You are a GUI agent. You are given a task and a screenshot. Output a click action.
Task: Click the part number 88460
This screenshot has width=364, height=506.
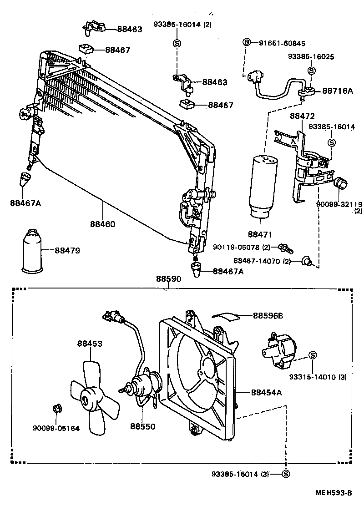pos(102,224)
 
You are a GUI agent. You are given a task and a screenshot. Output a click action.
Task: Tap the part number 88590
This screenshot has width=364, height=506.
pos(169,279)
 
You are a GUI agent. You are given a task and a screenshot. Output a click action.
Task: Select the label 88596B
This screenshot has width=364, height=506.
pos(268,315)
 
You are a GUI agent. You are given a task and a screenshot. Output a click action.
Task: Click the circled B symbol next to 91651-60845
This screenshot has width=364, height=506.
pos(247,43)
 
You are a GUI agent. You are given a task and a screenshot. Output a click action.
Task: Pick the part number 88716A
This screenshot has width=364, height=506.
pos(338,91)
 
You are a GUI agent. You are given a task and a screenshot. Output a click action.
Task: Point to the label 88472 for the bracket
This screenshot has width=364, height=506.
pos(303,116)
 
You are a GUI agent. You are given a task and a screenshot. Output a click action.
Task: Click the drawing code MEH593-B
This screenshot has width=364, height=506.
pos(334,493)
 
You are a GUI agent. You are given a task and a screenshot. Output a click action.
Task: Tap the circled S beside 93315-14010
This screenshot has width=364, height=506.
pos(313,355)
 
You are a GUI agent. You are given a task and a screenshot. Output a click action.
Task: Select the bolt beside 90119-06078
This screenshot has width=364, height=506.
pos(286,248)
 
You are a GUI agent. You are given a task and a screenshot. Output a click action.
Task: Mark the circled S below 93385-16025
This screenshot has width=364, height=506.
pos(311,71)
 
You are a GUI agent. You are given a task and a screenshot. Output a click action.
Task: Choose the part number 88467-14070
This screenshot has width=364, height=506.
pos(257,261)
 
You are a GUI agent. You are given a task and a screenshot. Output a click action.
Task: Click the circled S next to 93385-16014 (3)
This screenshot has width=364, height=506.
pos(286,474)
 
